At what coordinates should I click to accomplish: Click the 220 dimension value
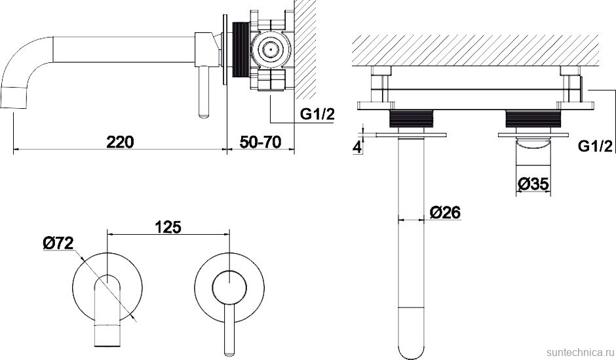coord(120,142)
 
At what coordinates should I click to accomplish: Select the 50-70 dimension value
coord(261,142)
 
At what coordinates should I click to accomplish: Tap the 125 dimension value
coord(168,227)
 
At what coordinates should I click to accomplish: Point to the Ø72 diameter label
coord(58,244)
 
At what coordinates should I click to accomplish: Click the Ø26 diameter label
coord(445,212)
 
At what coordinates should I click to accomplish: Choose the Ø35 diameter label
coord(533,184)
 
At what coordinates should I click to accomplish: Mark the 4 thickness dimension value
coord(357,148)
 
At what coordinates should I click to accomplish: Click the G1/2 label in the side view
coord(317,114)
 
